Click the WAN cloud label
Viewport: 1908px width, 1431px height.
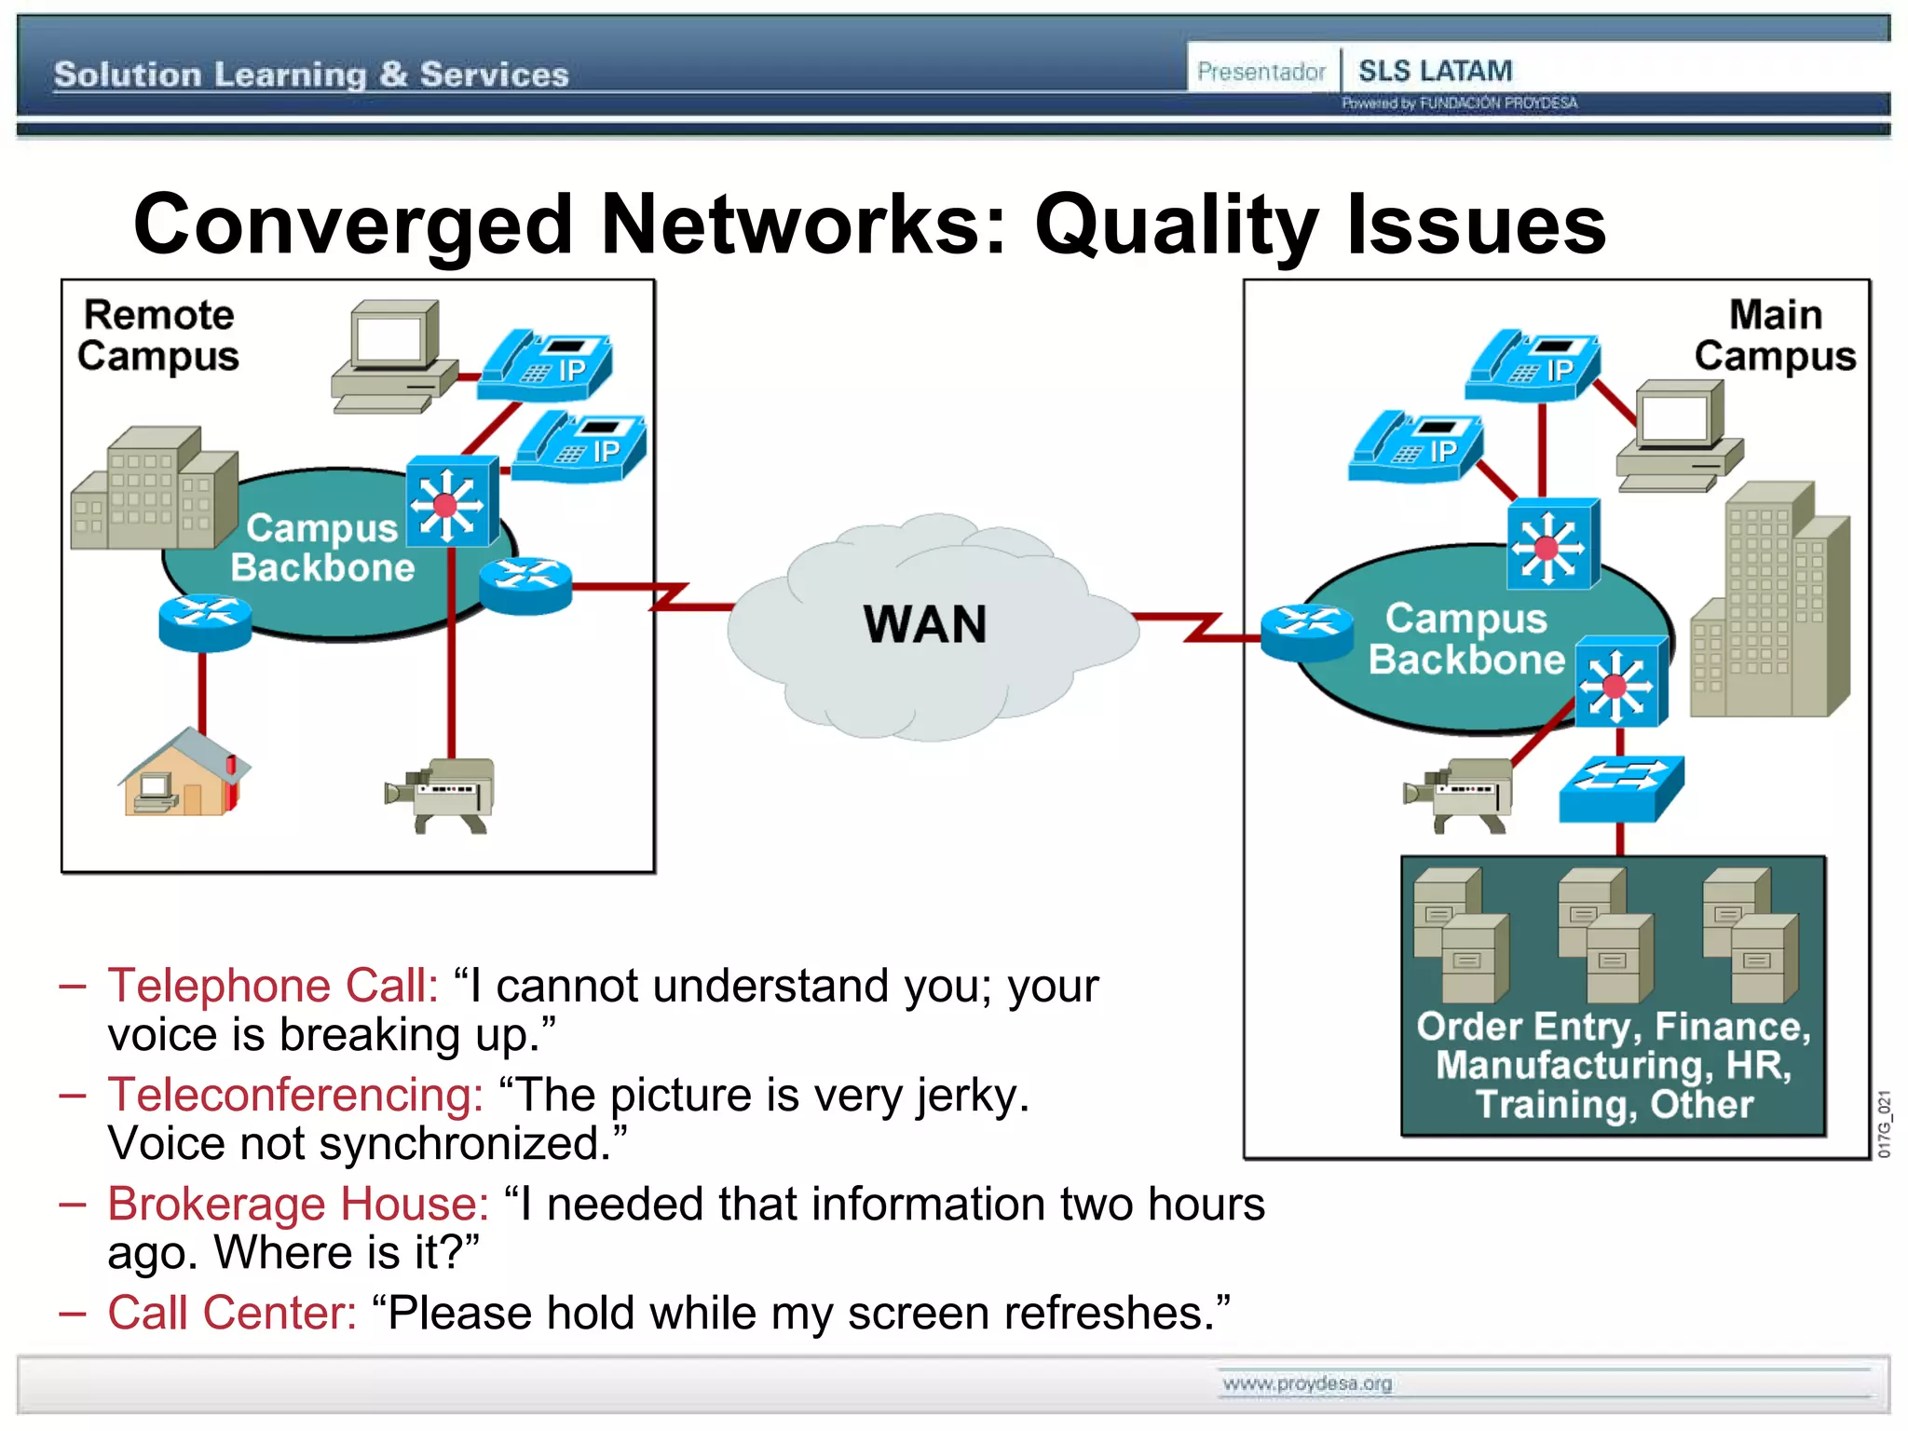click(924, 624)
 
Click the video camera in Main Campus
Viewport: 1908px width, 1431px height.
click(1459, 794)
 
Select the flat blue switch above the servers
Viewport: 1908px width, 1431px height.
click(1621, 788)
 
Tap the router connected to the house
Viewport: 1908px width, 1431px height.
click(205, 622)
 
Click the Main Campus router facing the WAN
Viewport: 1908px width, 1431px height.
click(1307, 633)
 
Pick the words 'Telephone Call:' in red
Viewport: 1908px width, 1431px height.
click(273, 986)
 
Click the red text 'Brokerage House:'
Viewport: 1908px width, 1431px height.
click(298, 1204)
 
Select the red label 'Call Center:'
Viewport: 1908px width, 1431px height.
click(232, 1313)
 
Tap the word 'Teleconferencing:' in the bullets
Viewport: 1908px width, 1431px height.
click(295, 1095)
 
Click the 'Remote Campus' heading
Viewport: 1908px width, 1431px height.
click(158, 335)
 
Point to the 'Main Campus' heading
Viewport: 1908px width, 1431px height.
click(1775, 335)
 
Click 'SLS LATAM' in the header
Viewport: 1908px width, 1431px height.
click(1435, 71)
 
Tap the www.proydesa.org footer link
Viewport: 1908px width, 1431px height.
click(1307, 1383)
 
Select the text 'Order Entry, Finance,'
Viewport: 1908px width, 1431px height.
click(1614, 1027)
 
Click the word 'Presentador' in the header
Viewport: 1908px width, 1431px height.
click(1261, 72)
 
